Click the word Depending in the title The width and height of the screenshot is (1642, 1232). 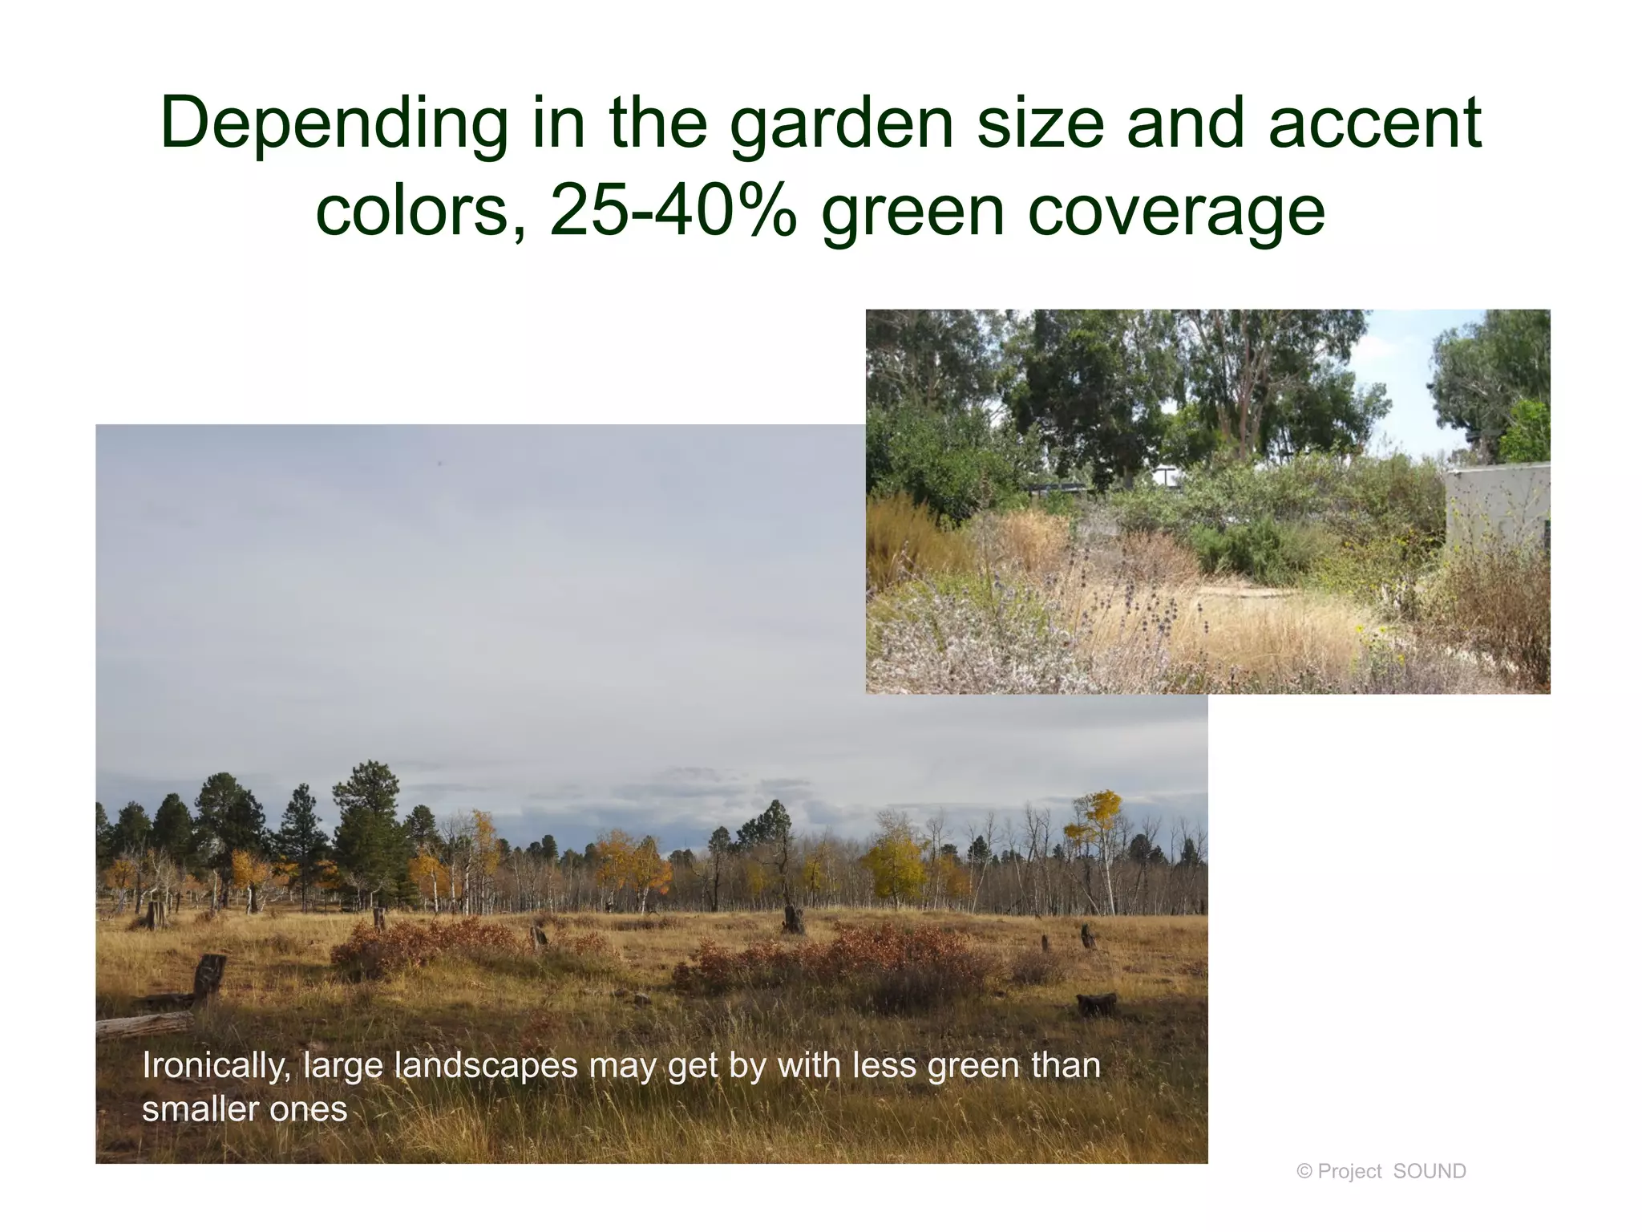[x=334, y=125]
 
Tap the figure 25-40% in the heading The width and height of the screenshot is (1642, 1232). [x=673, y=212]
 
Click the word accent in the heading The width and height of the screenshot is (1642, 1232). [x=1374, y=125]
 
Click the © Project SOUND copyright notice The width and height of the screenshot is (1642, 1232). [x=1381, y=1171]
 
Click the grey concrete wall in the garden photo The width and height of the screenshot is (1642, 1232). [x=1496, y=505]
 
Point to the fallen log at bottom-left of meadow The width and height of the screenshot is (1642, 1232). [x=144, y=1025]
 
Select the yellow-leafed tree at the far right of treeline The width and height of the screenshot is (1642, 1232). [x=1095, y=818]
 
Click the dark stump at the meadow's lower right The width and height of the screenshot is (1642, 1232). [x=1097, y=1004]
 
